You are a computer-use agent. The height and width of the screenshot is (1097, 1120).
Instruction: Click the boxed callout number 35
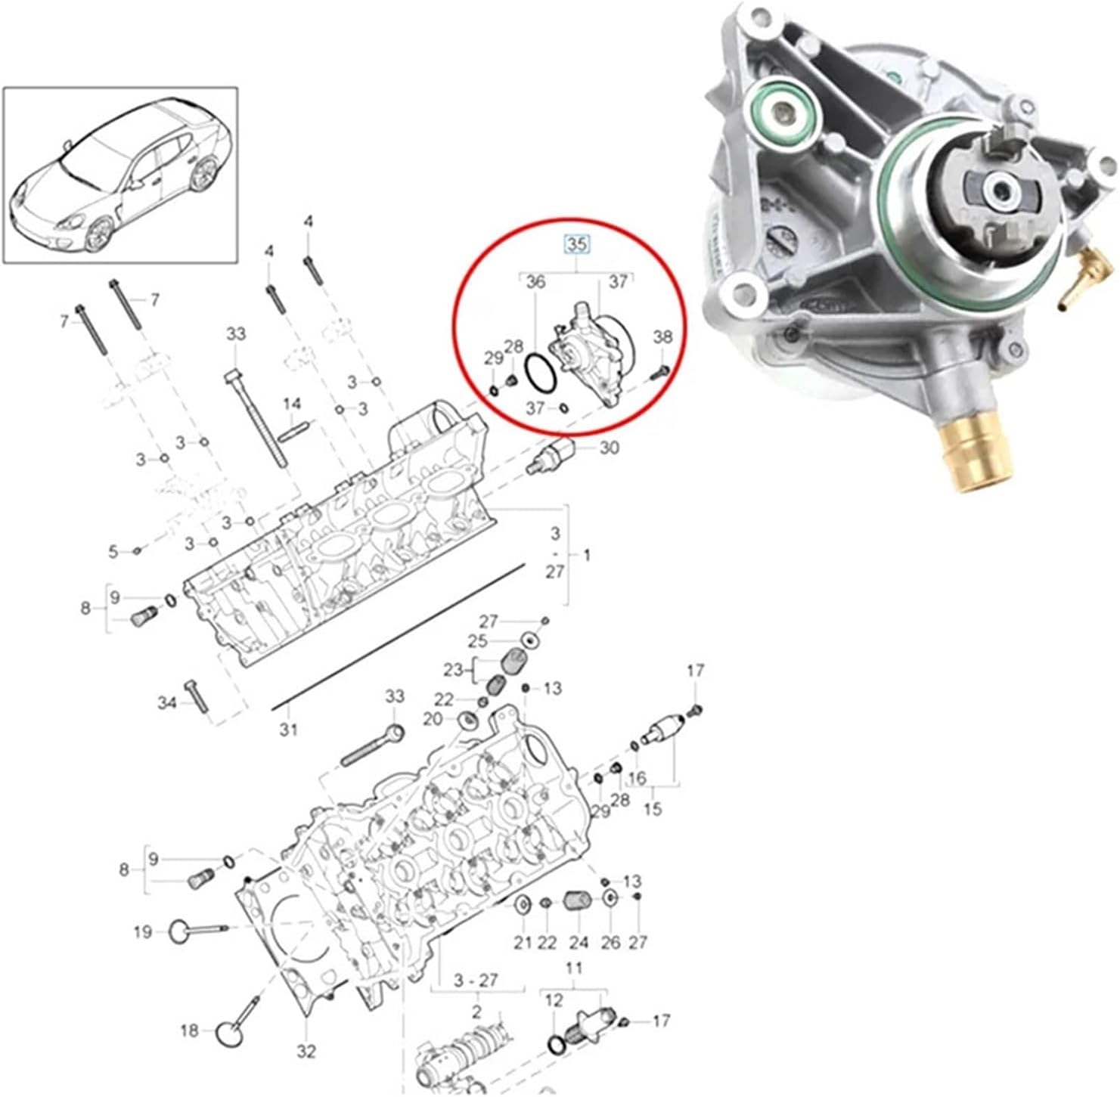[x=576, y=244]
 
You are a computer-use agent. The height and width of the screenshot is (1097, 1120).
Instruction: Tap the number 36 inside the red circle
[x=535, y=282]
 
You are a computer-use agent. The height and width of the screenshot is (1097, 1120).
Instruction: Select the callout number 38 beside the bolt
[x=662, y=337]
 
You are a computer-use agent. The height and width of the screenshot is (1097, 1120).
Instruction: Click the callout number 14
[x=293, y=404]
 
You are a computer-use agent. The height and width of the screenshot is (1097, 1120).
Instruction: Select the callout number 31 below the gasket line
[x=288, y=730]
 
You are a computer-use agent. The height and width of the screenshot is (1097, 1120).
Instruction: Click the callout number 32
[x=306, y=1050]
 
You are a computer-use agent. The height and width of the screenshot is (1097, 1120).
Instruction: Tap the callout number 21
[x=523, y=942]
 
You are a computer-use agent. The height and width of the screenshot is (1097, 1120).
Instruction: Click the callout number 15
[x=653, y=808]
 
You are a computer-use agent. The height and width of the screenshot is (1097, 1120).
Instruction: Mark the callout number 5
[x=113, y=553]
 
